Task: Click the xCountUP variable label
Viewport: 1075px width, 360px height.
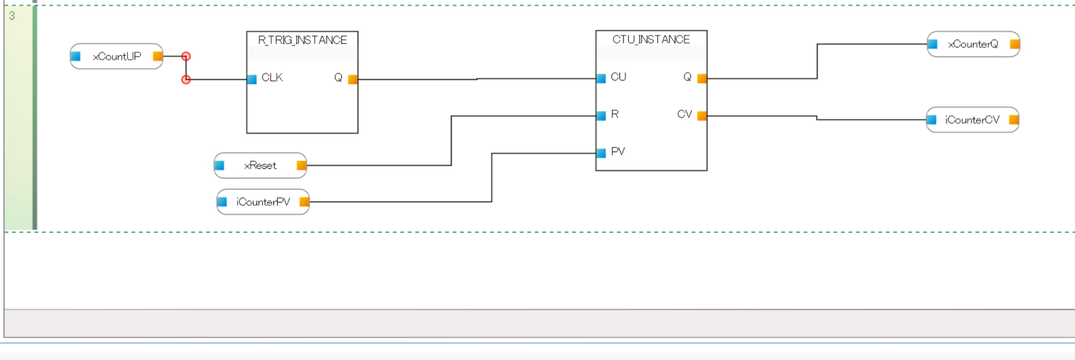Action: point(117,56)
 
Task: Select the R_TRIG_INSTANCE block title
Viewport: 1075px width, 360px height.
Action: point(302,40)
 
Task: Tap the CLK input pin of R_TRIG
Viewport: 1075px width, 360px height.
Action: point(252,79)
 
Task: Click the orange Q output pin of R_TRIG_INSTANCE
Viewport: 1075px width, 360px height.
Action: point(353,79)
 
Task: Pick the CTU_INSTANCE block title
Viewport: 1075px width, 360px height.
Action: point(651,39)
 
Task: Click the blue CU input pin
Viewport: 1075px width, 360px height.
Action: point(601,79)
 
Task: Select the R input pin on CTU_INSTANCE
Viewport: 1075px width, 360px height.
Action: point(601,116)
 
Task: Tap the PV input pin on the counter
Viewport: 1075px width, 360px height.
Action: point(601,153)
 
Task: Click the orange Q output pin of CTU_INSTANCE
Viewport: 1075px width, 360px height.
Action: point(701,79)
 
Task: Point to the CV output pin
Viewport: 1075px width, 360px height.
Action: point(701,116)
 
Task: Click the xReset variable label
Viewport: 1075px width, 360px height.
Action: point(260,165)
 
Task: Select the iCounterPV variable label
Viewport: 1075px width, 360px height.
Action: point(263,202)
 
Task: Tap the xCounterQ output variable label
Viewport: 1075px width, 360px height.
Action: point(973,44)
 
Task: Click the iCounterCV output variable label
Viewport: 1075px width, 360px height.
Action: point(972,120)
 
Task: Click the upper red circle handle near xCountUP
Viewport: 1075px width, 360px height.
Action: point(186,56)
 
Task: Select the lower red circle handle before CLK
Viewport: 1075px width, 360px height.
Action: point(186,80)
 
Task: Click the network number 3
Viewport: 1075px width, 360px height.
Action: point(12,16)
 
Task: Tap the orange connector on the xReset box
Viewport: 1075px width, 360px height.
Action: point(301,166)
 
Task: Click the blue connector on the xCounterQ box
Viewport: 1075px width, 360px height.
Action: point(933,44)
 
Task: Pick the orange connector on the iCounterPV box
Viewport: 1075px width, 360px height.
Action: point(304,202)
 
